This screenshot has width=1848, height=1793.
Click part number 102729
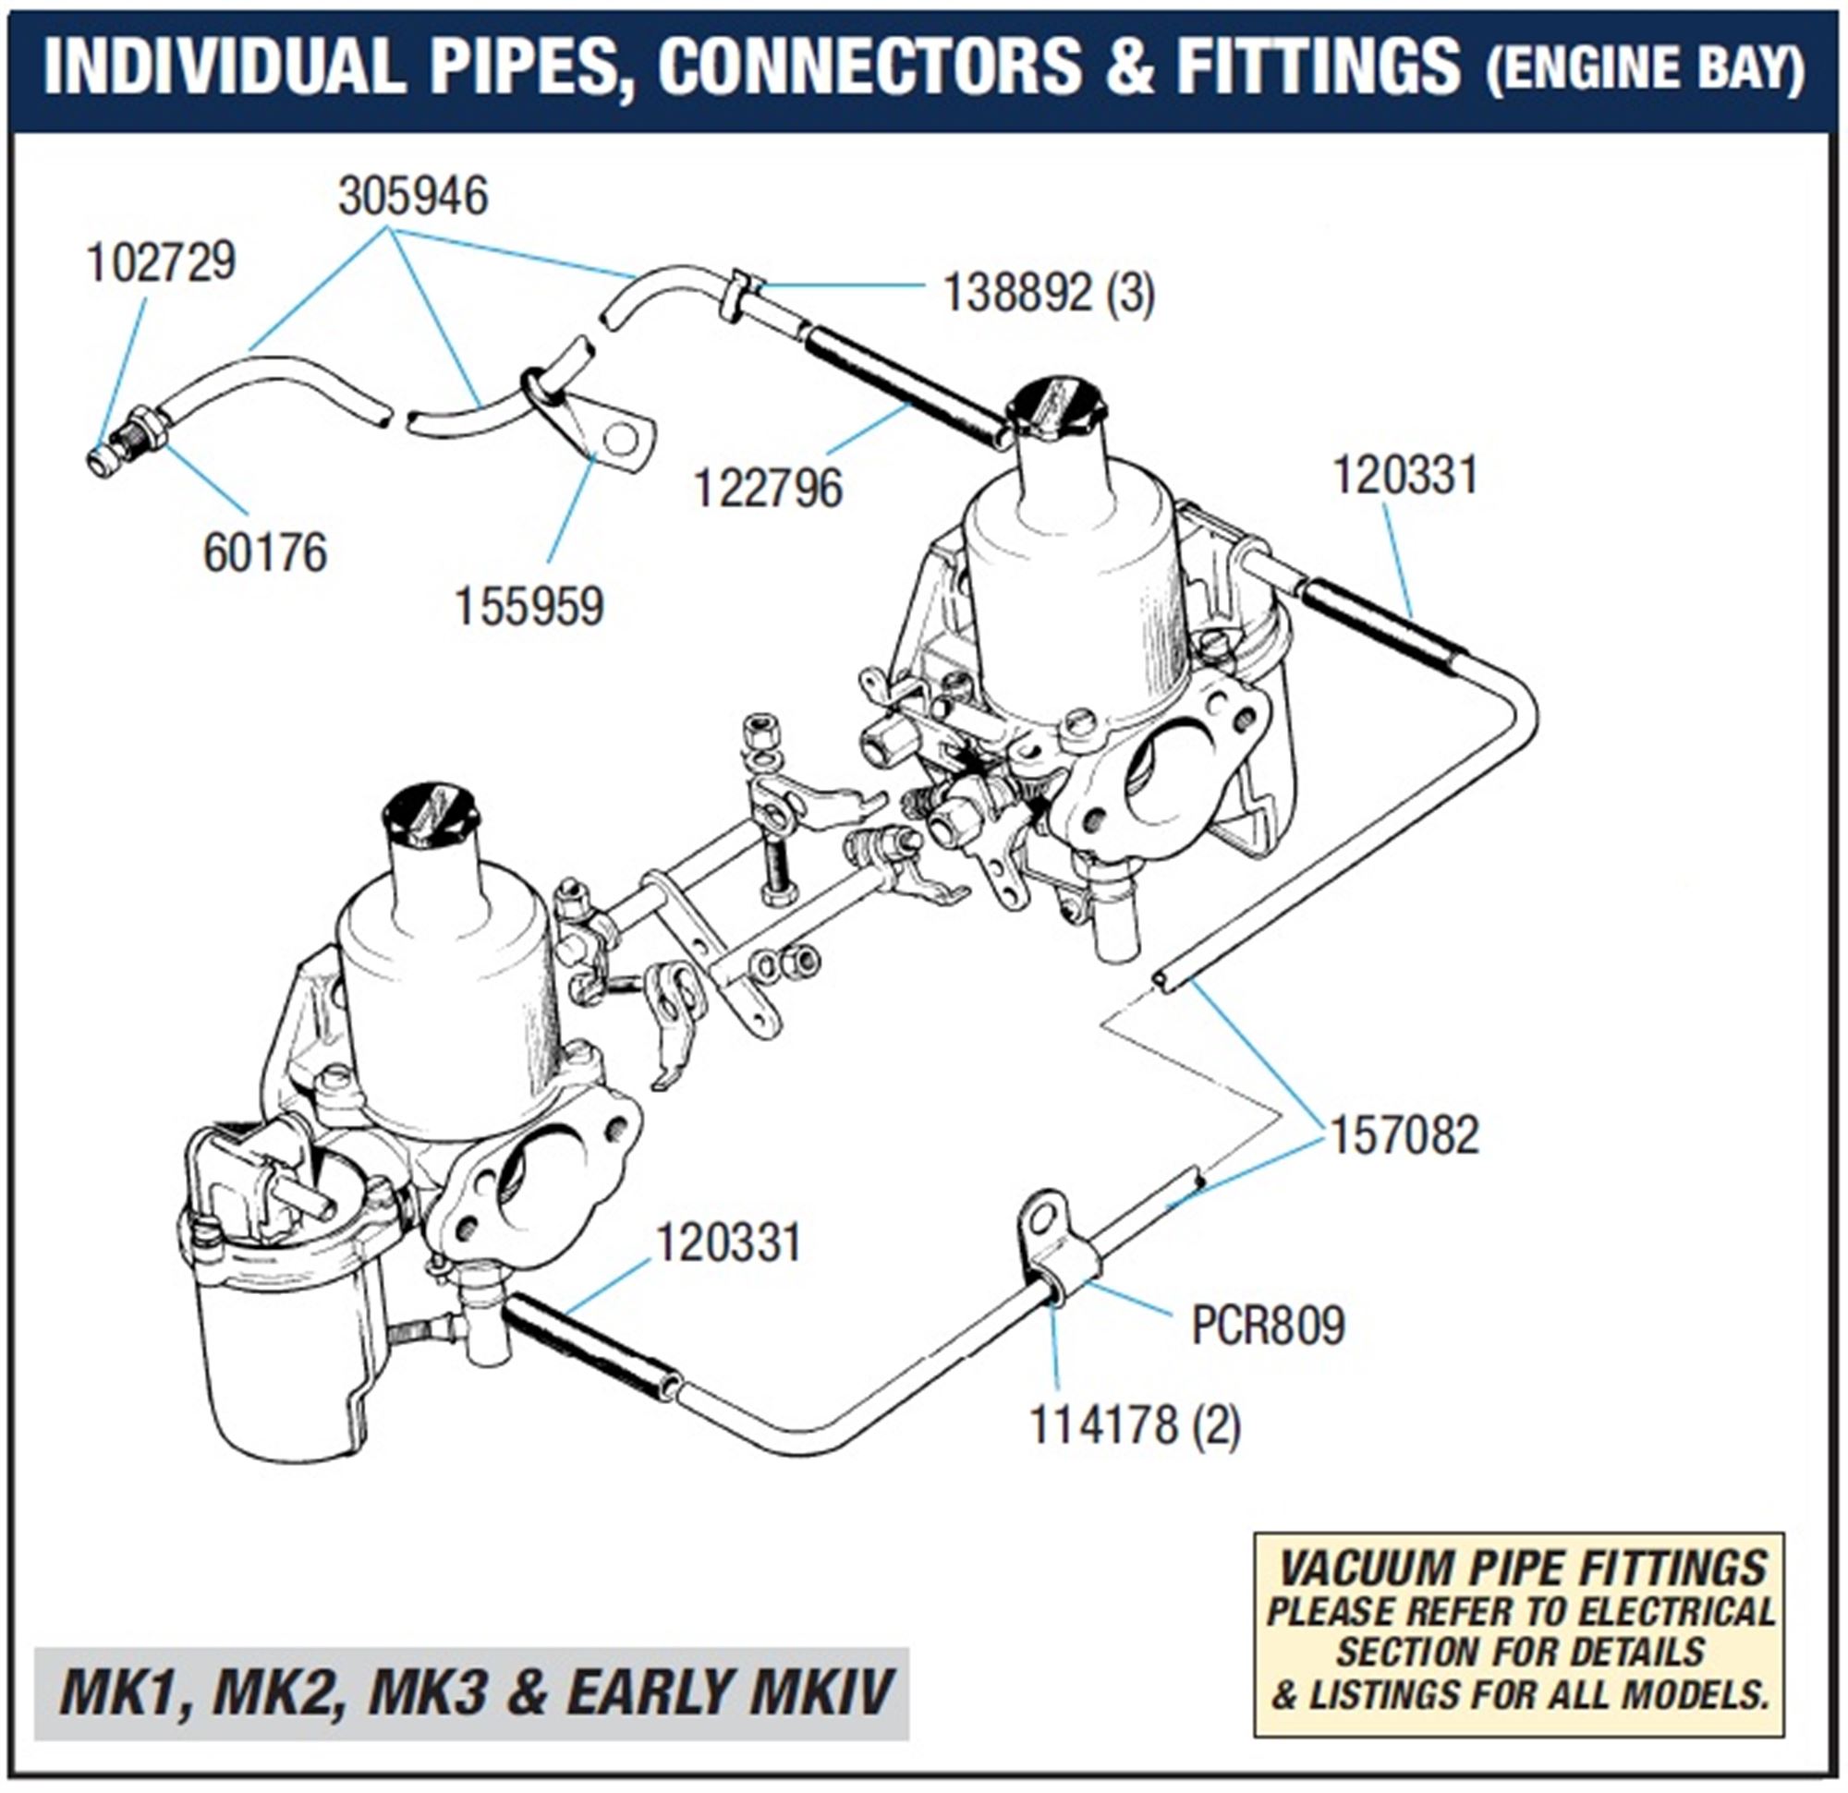coord(160,262)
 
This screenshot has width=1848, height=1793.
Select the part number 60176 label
coord(265,552)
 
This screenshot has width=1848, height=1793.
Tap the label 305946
coord(413,198)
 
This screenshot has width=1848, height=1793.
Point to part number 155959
coord(529,607)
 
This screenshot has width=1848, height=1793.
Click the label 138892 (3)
coord(1049,294)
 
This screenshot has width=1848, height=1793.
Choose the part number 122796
coord(768,490)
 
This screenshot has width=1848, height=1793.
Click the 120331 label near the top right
coord(1405,476)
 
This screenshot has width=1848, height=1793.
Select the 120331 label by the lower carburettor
coord(728,1243)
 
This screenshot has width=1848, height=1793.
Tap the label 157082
coord(1404,1136)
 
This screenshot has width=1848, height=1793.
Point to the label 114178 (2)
coord(1135,1424)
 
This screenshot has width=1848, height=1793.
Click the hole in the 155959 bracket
coord(619,440)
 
